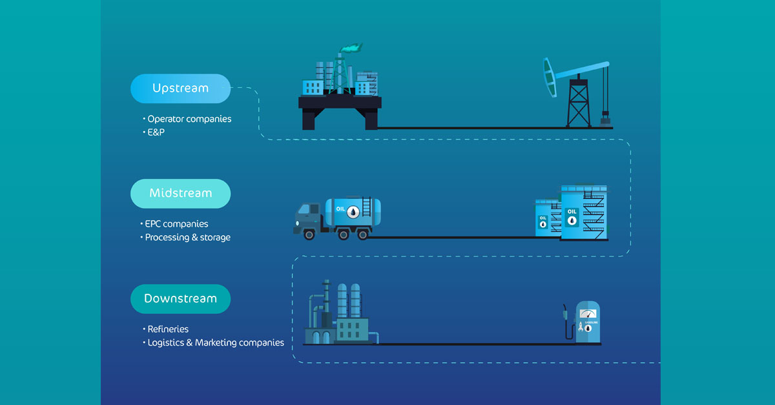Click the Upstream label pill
[180, 88]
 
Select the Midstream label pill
[180, 193]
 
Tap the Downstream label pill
[180, 298]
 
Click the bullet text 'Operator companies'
[189, 119]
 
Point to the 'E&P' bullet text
[157, 132]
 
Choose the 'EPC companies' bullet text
[176, 224]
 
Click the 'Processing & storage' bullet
[187, 237]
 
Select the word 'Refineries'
[167, 329]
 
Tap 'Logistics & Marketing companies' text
[215, 342]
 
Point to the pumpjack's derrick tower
[578, 103]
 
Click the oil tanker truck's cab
[309, 217]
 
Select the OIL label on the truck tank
[340, 209]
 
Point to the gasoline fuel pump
[586, 322]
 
